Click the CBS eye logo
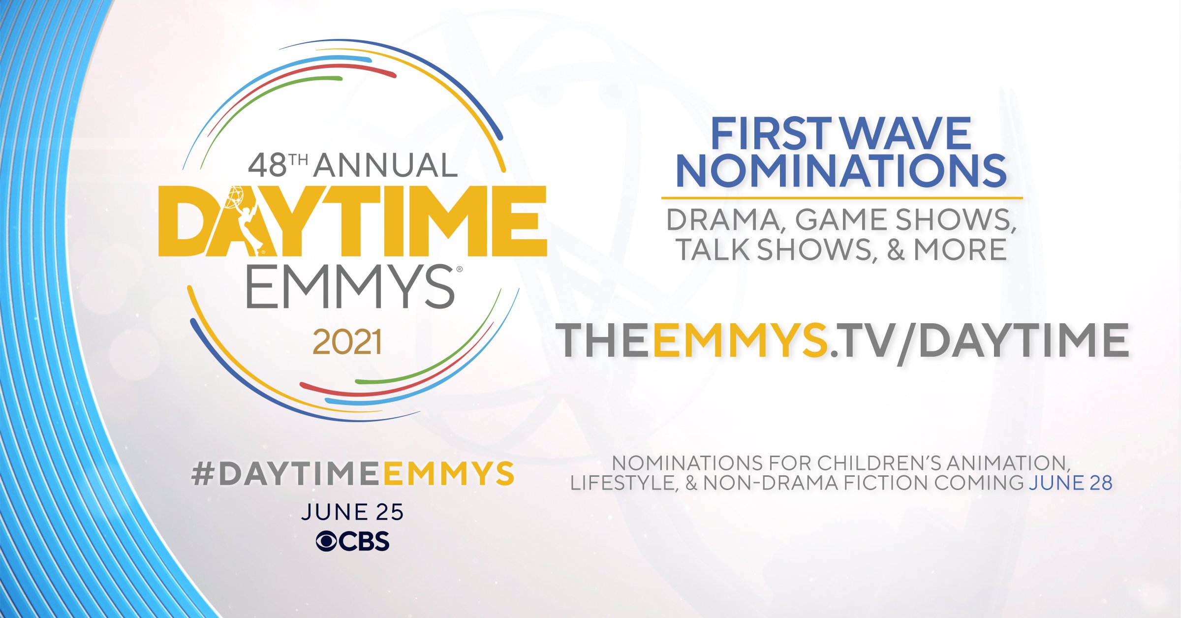(x=326, y=541)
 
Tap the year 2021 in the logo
(x=347, y=342)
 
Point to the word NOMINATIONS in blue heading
(x=841, y=171)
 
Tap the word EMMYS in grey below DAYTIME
(x=350, y=286)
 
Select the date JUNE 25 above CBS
(x=352, y=512)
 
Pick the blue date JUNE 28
(x=1071, y=483)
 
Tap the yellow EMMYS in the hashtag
(x=448, y=473)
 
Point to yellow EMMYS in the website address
(x=741, y=340)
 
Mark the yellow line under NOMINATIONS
(x=842, y=198)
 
